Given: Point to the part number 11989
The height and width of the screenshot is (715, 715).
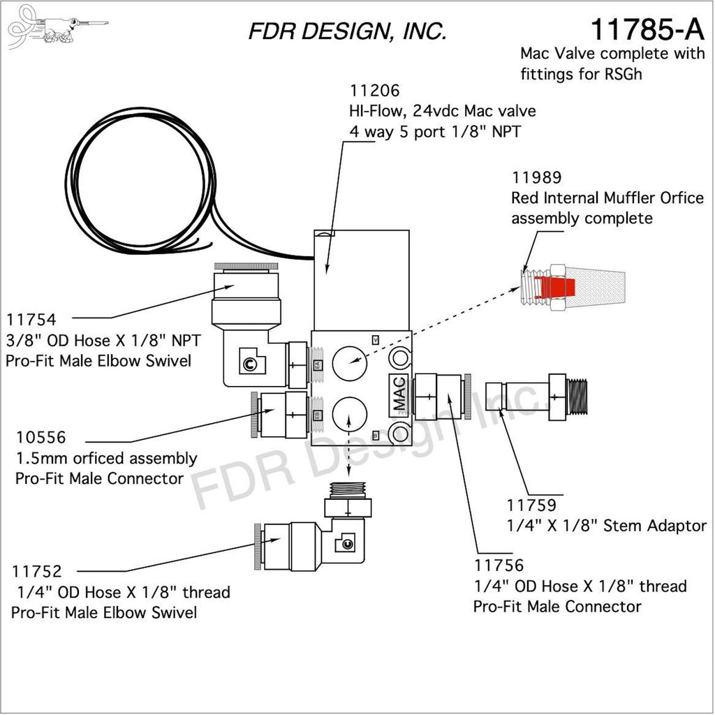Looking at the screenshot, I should click(x=536, y=177).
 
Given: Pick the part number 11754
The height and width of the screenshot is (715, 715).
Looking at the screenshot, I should click(x=32, y=320).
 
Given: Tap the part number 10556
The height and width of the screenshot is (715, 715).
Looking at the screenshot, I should click(x=40, y=438).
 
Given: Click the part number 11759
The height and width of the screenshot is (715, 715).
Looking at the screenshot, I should click(x=531, y=504).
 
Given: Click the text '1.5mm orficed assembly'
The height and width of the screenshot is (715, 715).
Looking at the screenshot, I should click(x=106, y=459).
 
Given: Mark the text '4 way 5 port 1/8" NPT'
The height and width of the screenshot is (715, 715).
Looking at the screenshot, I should click(x=434, y=131).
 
